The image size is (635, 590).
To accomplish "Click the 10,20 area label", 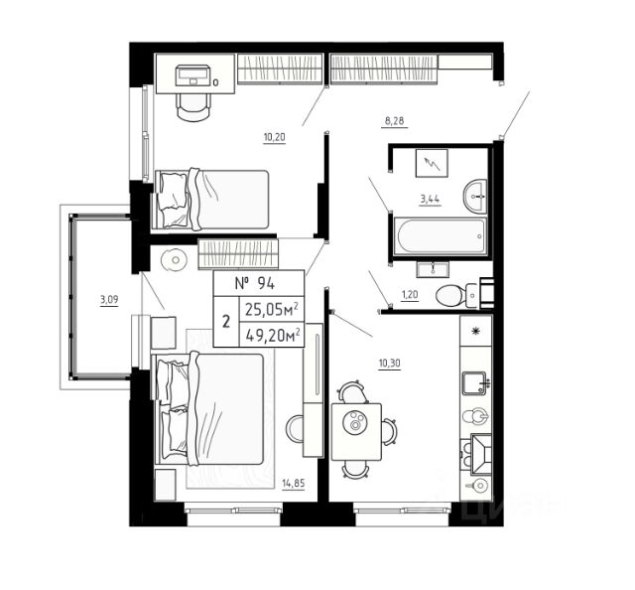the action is (x=275, y=137).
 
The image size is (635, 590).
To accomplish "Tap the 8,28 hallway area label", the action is (x=395, y=121).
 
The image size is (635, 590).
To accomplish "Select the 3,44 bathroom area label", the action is (x=430, y=199).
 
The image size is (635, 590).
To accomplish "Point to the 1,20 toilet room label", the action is (x=410, y=294).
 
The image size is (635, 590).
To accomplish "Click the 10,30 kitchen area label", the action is (x=390, y=364).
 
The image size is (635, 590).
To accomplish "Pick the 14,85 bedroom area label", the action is (x=294, y=483).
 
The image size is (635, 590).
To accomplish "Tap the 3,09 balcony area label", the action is (x=109, y=300).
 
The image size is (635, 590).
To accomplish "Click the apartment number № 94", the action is (x=255, y=283).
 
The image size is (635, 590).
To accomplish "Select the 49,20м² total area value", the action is (x=273, y=335).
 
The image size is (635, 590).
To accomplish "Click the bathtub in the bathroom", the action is (x=442, y=236).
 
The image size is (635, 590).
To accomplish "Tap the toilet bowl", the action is (x=457, y=296).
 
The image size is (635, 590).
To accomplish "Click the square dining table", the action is (x=356, y=431).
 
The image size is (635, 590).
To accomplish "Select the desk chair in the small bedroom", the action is (x=193, y=106).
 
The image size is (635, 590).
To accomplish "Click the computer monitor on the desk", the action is (x=193, y=75).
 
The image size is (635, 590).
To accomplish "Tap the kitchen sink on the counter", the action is (x=474, y=383).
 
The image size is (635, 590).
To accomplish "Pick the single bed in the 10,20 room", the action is (x=211, y=200).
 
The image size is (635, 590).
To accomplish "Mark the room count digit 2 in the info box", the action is (x=226, y=322).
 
